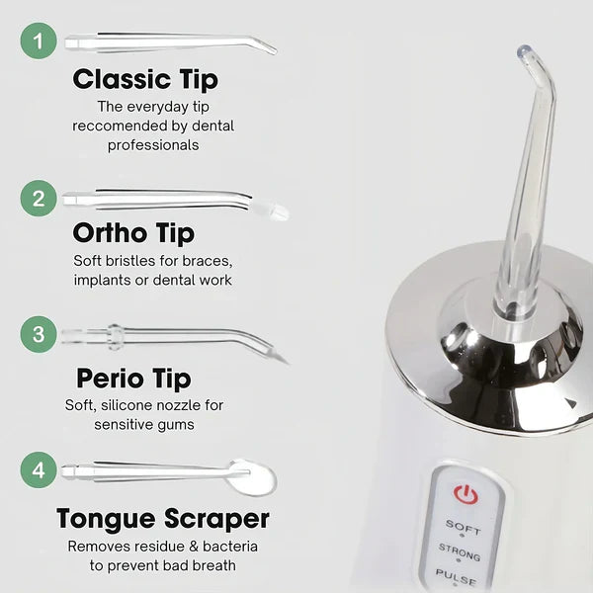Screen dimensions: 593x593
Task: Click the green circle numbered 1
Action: coord(39,41)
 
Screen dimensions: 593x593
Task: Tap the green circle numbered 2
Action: coord(39,199)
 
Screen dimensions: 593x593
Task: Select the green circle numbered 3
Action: coord(39,334)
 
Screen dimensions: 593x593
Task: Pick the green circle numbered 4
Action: coord(39,470)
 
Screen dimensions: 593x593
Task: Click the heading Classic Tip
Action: coord(145,80)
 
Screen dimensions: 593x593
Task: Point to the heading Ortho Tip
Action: coord(133,233)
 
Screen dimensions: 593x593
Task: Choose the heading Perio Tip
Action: coord(133,379)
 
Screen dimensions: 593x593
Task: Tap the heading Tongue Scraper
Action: coord(163,519)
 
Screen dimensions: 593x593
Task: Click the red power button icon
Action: coord(466,493)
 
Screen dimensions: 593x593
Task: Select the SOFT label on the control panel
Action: coord(463,527)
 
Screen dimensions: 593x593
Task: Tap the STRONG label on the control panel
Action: coord(460,552)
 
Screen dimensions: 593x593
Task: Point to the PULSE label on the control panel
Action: coord(456,577)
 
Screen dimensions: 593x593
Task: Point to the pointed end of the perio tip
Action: coord(287,364)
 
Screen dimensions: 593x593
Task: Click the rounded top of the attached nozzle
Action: coord(525,50)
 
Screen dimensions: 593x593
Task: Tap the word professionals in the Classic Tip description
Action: coord(153,145)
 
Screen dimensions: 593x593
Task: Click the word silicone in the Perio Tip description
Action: coord(127,405)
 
